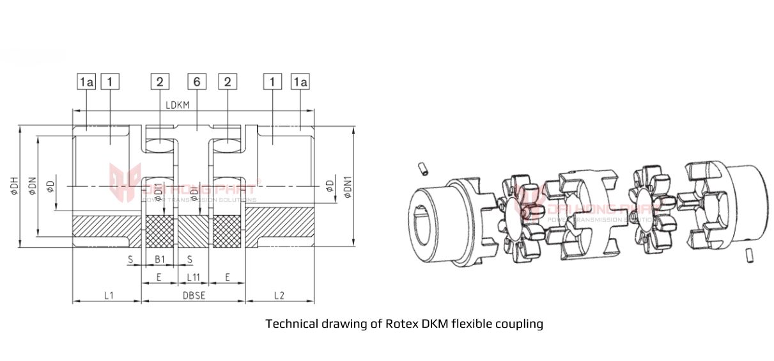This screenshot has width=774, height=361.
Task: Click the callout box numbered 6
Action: pyautogui.click(x=196, y=81)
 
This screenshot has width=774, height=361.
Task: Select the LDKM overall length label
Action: pyautogui.click(x=177, y=104)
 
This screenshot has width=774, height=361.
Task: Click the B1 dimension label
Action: pyautogui.click(x=160, y=260)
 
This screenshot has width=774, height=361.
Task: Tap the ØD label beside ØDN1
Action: pyautogui.click(x=329, y=186)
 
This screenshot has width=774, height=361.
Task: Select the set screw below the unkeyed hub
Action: pyautogui.click(x=750, y=256)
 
